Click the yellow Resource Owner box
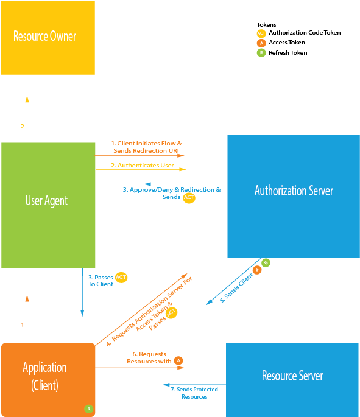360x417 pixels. coord(48,38)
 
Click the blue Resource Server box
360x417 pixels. coord(292,376)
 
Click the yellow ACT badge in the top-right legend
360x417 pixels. coord(261,34)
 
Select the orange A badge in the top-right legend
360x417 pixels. coord(261,43)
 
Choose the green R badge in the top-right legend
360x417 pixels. coord(261,53)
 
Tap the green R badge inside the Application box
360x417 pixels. coord(88,409)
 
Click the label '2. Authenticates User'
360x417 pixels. coord(142,165)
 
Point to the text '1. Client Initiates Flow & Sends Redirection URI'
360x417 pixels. coord(146,147)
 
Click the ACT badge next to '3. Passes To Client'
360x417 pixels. coord(121,278)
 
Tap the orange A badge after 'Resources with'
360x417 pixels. coord(178,360)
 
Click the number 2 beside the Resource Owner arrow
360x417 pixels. coord(23,127)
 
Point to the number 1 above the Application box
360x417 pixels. coord(23,324)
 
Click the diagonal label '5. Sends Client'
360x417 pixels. coord(236,287)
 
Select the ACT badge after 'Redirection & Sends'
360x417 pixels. coord(189,197)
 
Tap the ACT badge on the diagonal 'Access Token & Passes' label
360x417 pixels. coord(172,312)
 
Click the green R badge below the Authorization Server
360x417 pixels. coord(266,263)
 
